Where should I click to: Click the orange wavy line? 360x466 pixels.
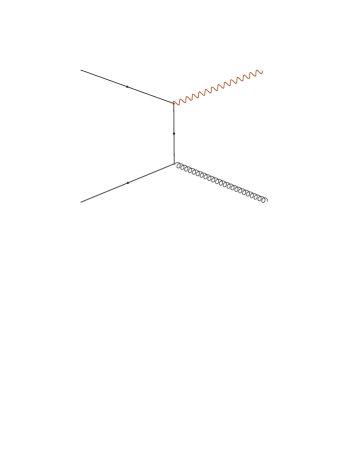[x=218, y=87]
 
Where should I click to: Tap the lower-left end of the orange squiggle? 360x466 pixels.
[x=173, y=103]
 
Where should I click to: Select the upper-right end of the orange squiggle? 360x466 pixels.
[x=262, y=71]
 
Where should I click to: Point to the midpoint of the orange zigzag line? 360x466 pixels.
[x=218, y=87]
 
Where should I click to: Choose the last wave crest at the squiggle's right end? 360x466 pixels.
[x=259, y=69]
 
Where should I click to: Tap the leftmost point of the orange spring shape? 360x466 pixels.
[x=172, y=103]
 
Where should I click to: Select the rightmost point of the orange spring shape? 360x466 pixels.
[x=263, y=71]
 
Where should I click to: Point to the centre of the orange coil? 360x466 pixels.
[x=218, y=87]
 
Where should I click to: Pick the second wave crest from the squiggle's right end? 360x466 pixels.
[x=253, y=72]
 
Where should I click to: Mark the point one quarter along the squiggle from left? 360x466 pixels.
[x=195, y=95]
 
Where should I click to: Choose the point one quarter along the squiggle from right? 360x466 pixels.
[x=240, y=79]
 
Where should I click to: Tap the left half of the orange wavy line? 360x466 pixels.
[x=195, y=95]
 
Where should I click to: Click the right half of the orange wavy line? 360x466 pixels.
[x=240, y=79]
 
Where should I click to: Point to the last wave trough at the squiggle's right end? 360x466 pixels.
[x=257, y=75]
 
